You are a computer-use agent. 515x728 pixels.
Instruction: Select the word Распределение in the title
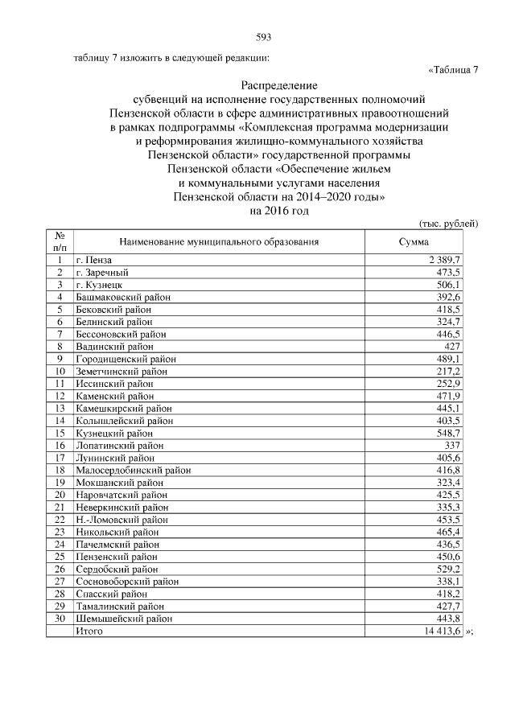(x=279, y=84)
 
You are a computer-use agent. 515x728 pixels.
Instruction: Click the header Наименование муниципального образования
(x=219, y=241)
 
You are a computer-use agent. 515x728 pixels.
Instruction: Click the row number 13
(x=60, y=408)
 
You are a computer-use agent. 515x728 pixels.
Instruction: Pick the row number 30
(x=60, y=619)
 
